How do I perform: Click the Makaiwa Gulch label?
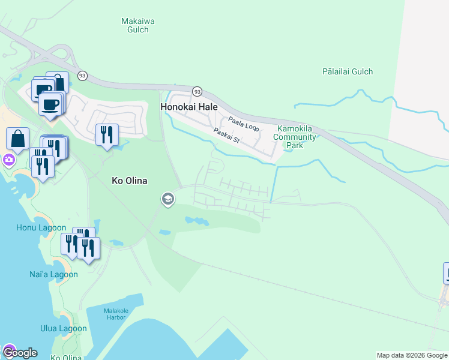[x=138, y=25]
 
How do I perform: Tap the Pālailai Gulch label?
[x=347, y=71]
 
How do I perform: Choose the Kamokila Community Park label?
[x=295, y=137]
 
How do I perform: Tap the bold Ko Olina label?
[x=130, y=181]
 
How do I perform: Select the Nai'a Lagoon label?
[x=54, y=274]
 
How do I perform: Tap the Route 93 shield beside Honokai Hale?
[x=196, y=91]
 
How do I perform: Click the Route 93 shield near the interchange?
[x=82, y=76]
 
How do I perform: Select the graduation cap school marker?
[x=168, y=199]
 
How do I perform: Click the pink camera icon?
[x=9, y=160]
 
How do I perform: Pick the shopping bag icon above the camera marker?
[x=18, y=138]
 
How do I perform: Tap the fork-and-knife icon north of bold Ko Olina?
[x=107, y=134]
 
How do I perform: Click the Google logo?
[x=19, y=352]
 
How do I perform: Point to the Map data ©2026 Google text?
[x=412, y=355]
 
